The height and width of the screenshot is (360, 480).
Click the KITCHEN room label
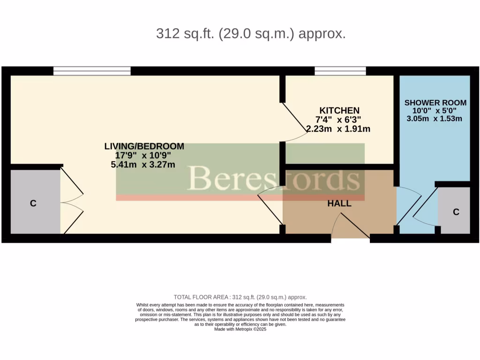[x=340, y=111]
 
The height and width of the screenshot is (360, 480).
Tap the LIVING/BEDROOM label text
[x=144, y=146]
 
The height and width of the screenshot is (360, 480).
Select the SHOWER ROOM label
[x=435, y=103]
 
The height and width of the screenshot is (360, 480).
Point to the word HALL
[x=339, y=203]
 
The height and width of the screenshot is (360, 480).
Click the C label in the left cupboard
[x=33, y=203]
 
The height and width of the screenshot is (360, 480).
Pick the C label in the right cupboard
[x=456, y=212]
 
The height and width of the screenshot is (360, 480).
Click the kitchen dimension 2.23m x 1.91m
[x=338, y=128]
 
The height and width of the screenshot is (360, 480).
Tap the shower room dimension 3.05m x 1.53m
[x=434, y=119]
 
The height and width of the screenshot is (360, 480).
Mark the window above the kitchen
[x=340, y=71]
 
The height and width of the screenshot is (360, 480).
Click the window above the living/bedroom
[x=92, y=71]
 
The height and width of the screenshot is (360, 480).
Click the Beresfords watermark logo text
[x=274, y=179]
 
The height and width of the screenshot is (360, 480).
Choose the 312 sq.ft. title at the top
[x=251, y=34]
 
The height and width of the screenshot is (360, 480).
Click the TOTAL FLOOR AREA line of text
[x=240, y=297]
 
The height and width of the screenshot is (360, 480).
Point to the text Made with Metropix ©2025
[x=240, y=330]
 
